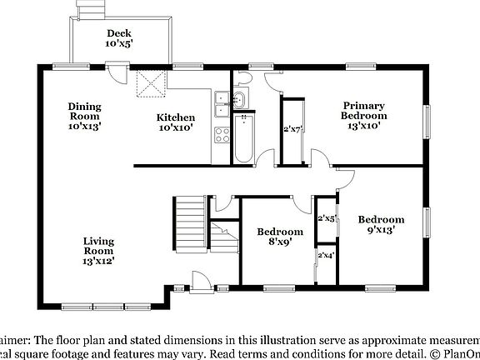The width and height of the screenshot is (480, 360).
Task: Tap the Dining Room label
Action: tap(84, 116)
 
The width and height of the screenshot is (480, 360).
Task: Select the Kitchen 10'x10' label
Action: tap(177, 123)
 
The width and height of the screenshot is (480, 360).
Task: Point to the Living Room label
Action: tap(98, 251)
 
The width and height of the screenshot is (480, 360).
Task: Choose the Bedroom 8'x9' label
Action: tap(279, 237)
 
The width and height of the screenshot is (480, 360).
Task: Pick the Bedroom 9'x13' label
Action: tap(381, 225)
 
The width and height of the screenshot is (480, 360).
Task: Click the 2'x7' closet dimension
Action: tap(292, 129)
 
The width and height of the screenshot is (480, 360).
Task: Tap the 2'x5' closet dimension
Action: tap(326, 218)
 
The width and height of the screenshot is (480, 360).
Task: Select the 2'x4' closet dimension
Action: tap(326, 255)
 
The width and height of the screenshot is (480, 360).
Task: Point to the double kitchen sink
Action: tap(221, 104)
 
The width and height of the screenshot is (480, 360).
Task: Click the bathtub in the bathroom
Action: tap(243, 138)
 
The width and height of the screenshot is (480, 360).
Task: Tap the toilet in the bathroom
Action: tap(242, 80)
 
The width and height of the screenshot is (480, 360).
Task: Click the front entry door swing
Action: tap(201, 281)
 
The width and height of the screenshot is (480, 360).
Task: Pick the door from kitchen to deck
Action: tap(122, 81)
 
